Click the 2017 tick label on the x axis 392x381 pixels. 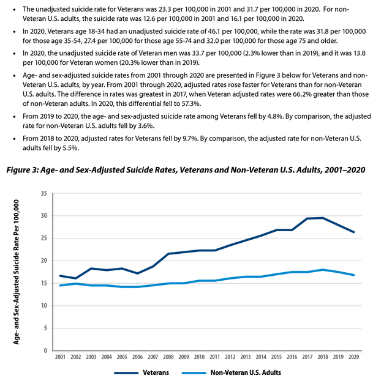307,357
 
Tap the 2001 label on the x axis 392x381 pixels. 60,357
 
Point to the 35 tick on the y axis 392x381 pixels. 44,193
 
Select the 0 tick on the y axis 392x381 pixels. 45,350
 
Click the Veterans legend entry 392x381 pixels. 141,373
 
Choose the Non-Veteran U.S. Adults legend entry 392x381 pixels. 232,373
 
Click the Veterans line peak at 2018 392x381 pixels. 323,218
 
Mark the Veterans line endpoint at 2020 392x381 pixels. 354,232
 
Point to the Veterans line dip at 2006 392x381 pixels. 137,273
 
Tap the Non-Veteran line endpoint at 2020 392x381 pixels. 354,275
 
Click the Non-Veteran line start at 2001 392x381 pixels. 60,286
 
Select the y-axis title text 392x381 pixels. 17,272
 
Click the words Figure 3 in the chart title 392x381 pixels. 22,170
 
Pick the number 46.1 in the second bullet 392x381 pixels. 214,31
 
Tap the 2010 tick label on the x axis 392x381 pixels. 199,357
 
